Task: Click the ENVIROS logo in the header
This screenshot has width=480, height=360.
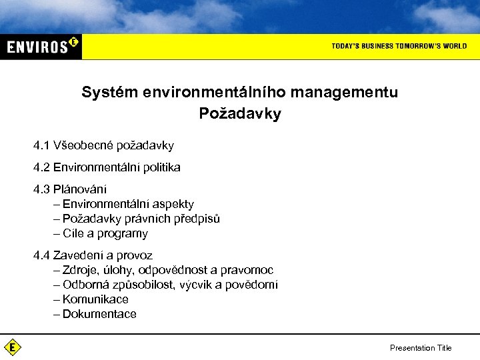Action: click(x=41, y=46)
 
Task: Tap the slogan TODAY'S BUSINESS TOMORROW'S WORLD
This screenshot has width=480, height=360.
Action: click(x=399, y=46)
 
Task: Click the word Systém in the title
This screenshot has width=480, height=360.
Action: click(x=109, y=93)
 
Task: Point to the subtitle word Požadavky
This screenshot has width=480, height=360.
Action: click(x=240, y=114)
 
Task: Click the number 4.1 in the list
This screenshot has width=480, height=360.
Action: click(x=42, y=145)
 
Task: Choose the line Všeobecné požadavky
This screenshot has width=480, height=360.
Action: click(x=113, y=145)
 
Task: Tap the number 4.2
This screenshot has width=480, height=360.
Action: click(x=42, y=167)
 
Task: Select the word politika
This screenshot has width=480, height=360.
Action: click(x=159, y=167)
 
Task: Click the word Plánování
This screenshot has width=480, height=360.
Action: click(x=79, y=189)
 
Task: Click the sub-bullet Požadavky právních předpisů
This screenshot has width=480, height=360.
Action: click(x=141, y=219)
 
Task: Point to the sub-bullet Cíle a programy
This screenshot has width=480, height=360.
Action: click(x=105, y=233)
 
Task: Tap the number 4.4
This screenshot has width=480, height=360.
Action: click(x=42, y=255)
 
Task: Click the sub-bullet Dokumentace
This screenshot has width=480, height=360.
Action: click(x=99, y=314)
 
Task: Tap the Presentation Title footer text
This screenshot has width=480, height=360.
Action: click(x=420, y=348)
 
